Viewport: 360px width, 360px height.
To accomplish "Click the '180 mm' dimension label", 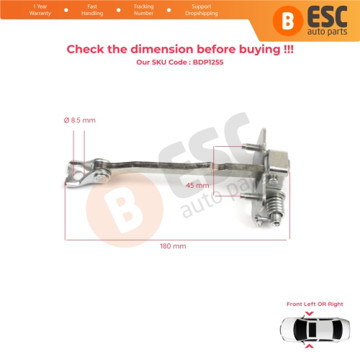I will (x=174, y=246).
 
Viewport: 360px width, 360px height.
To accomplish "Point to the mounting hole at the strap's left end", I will (x=76, y=171).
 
